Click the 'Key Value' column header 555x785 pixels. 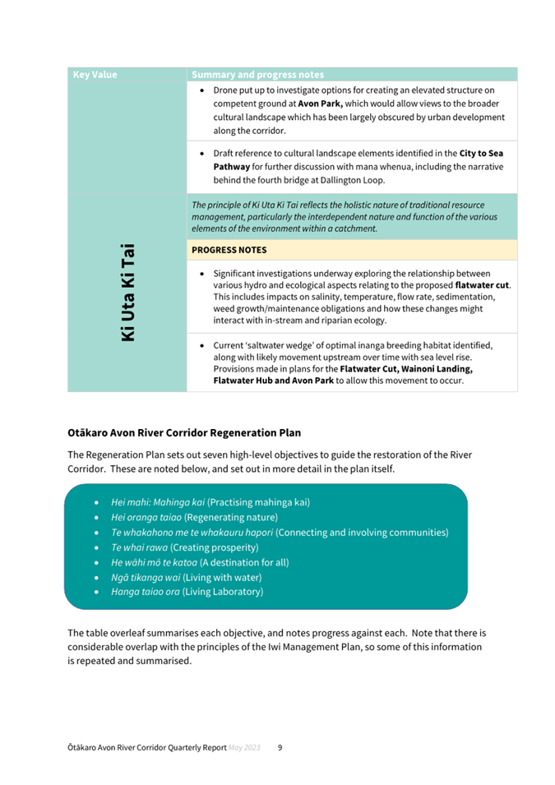tap(95, 75)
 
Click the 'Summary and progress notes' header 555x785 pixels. tap(257, 75)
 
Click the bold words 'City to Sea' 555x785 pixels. tap(481, 153)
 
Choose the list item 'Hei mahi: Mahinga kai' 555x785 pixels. tap(158, 501)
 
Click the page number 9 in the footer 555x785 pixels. tap(280, 748)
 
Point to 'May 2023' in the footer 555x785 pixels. tap(245, 748)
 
